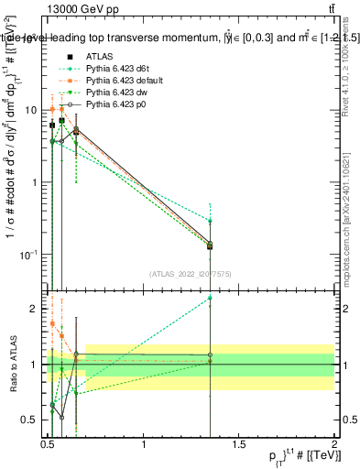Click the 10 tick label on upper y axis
point(31,110)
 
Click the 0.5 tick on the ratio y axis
point(31,420)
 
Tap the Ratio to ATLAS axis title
point(11,365)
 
